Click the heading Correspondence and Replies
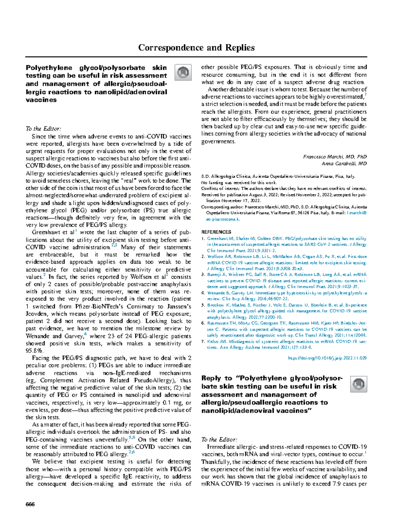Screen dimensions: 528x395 tap(196, 48)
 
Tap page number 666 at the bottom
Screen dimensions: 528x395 tap(30, 504)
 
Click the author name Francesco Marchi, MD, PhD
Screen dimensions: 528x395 tap(335, 157)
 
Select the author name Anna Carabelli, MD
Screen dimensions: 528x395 tap(344, 163)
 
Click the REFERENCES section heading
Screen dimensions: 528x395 tap(216, 232)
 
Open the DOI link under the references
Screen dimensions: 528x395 tap(327, 358)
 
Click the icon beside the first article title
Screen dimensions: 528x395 tap(183, 72)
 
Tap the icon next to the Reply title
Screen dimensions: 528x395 tap(358, 384)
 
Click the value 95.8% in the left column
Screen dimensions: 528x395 tap(34, 351)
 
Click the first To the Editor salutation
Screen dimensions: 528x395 tap(43, 129)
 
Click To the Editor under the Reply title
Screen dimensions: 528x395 tap(219, 440)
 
